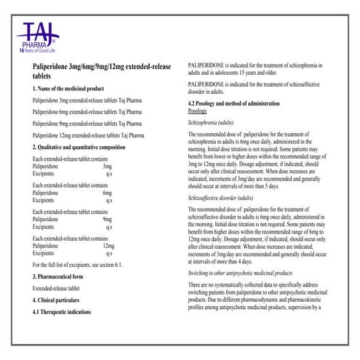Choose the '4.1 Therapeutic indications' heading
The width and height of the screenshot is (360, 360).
coord(64,312)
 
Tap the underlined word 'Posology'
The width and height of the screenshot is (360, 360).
coord(202,111)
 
